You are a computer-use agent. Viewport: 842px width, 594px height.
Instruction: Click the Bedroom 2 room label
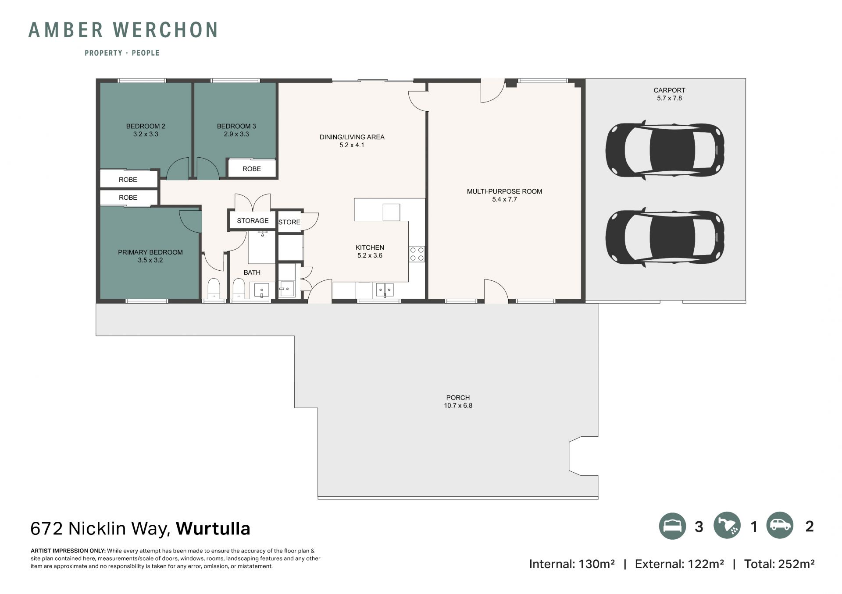click(x=146, y=126)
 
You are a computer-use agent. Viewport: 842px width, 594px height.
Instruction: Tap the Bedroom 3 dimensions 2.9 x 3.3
click(x=236, y=134)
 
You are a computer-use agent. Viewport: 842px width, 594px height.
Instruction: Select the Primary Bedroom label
click(x=150, y=252)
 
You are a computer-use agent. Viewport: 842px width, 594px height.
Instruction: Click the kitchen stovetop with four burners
click(x=417, y=254)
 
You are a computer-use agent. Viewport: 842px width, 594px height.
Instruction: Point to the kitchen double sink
click(x=385, y=290)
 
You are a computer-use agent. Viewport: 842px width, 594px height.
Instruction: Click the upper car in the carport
click(x=664, y=150)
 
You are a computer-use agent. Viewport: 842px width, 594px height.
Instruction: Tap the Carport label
click(x=669, y=90)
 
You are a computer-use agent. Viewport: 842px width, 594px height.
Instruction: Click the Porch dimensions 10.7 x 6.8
click(x=458, y=406)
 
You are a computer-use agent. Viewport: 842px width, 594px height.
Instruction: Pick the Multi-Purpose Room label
click(x=504, y=191)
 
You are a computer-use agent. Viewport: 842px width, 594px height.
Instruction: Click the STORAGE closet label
click(x=253, y=221)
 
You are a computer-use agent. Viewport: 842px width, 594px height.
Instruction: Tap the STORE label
click(x=289, y=222)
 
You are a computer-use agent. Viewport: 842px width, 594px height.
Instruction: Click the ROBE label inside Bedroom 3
click(x=252, y=169)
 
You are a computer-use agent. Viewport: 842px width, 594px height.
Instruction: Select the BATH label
click(x=252, y=272)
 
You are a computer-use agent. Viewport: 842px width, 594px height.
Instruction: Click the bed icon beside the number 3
click(x=672, y=526)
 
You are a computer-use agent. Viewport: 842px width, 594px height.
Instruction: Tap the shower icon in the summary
click(x=727, y=526)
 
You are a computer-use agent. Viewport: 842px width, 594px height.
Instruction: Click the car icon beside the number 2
click(x=780, y=525)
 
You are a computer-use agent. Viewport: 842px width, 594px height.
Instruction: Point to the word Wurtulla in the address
click(x=213, y=529)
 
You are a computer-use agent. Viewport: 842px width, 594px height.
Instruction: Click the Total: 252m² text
click(x=779, y=564)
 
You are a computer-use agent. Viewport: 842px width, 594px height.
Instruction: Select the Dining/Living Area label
click(x=352, y=137)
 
